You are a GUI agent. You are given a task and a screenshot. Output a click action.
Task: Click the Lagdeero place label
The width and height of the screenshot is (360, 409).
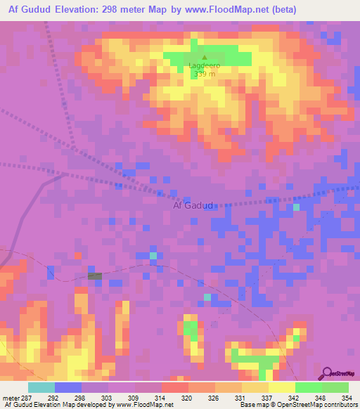pyautogui.click(x=205, y=65)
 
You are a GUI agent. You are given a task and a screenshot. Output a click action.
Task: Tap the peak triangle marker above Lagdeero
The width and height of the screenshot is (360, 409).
pyautogui.click(x=205, y=58)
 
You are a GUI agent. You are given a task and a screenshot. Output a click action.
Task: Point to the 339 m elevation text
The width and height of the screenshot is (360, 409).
pyautogui.click(x=205, y=74)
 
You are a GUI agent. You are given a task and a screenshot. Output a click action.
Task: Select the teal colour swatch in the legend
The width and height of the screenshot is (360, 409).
pyautogui.click(x=41, y=387)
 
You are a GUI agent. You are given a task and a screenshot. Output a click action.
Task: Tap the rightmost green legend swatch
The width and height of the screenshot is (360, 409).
pyautogui.click(x=335, y=387)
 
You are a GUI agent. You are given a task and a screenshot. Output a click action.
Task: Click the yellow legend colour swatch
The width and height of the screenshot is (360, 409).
pyautogui.click(x=281, y=387)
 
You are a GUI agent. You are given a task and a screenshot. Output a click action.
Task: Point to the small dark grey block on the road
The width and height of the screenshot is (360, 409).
pyautogui.click(x=95, y=276)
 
